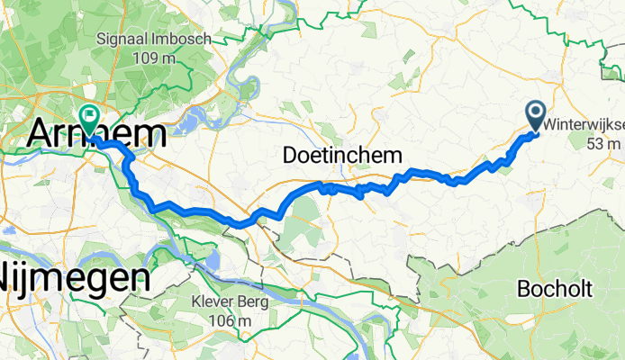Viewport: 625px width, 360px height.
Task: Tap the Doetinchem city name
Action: click(341, 155)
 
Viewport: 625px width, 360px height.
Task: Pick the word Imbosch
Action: click(187, 40)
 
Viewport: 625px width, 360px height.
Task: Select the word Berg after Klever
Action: click(253, 303)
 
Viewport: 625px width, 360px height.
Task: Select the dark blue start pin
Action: click(534, 113)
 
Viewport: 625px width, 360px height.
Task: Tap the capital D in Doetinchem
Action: click(290, 155)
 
